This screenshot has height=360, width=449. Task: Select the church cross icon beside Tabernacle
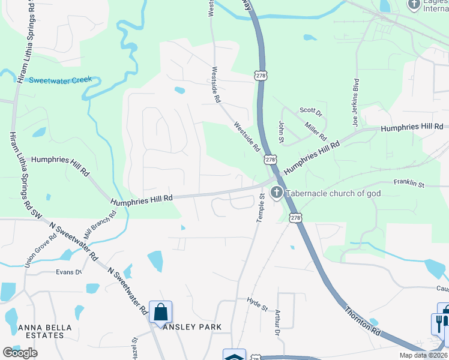coord(277,193)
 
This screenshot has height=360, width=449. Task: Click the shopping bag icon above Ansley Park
coord(160,312)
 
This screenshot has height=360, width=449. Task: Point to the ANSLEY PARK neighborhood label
coord(192,327)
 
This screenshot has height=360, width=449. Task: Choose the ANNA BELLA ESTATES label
coord(45,331)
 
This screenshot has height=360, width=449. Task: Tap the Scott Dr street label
coord(311,110)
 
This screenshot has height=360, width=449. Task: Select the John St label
coord(281,131)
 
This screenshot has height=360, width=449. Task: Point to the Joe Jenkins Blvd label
coord(355,103)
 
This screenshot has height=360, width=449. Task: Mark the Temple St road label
coord(261,208)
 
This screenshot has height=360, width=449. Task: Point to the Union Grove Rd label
coord(40,250)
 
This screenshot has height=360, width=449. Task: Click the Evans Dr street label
coord(68,272)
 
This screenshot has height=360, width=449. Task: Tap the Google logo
coord(20,353)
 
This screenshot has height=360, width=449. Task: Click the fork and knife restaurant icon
coord(439,324)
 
